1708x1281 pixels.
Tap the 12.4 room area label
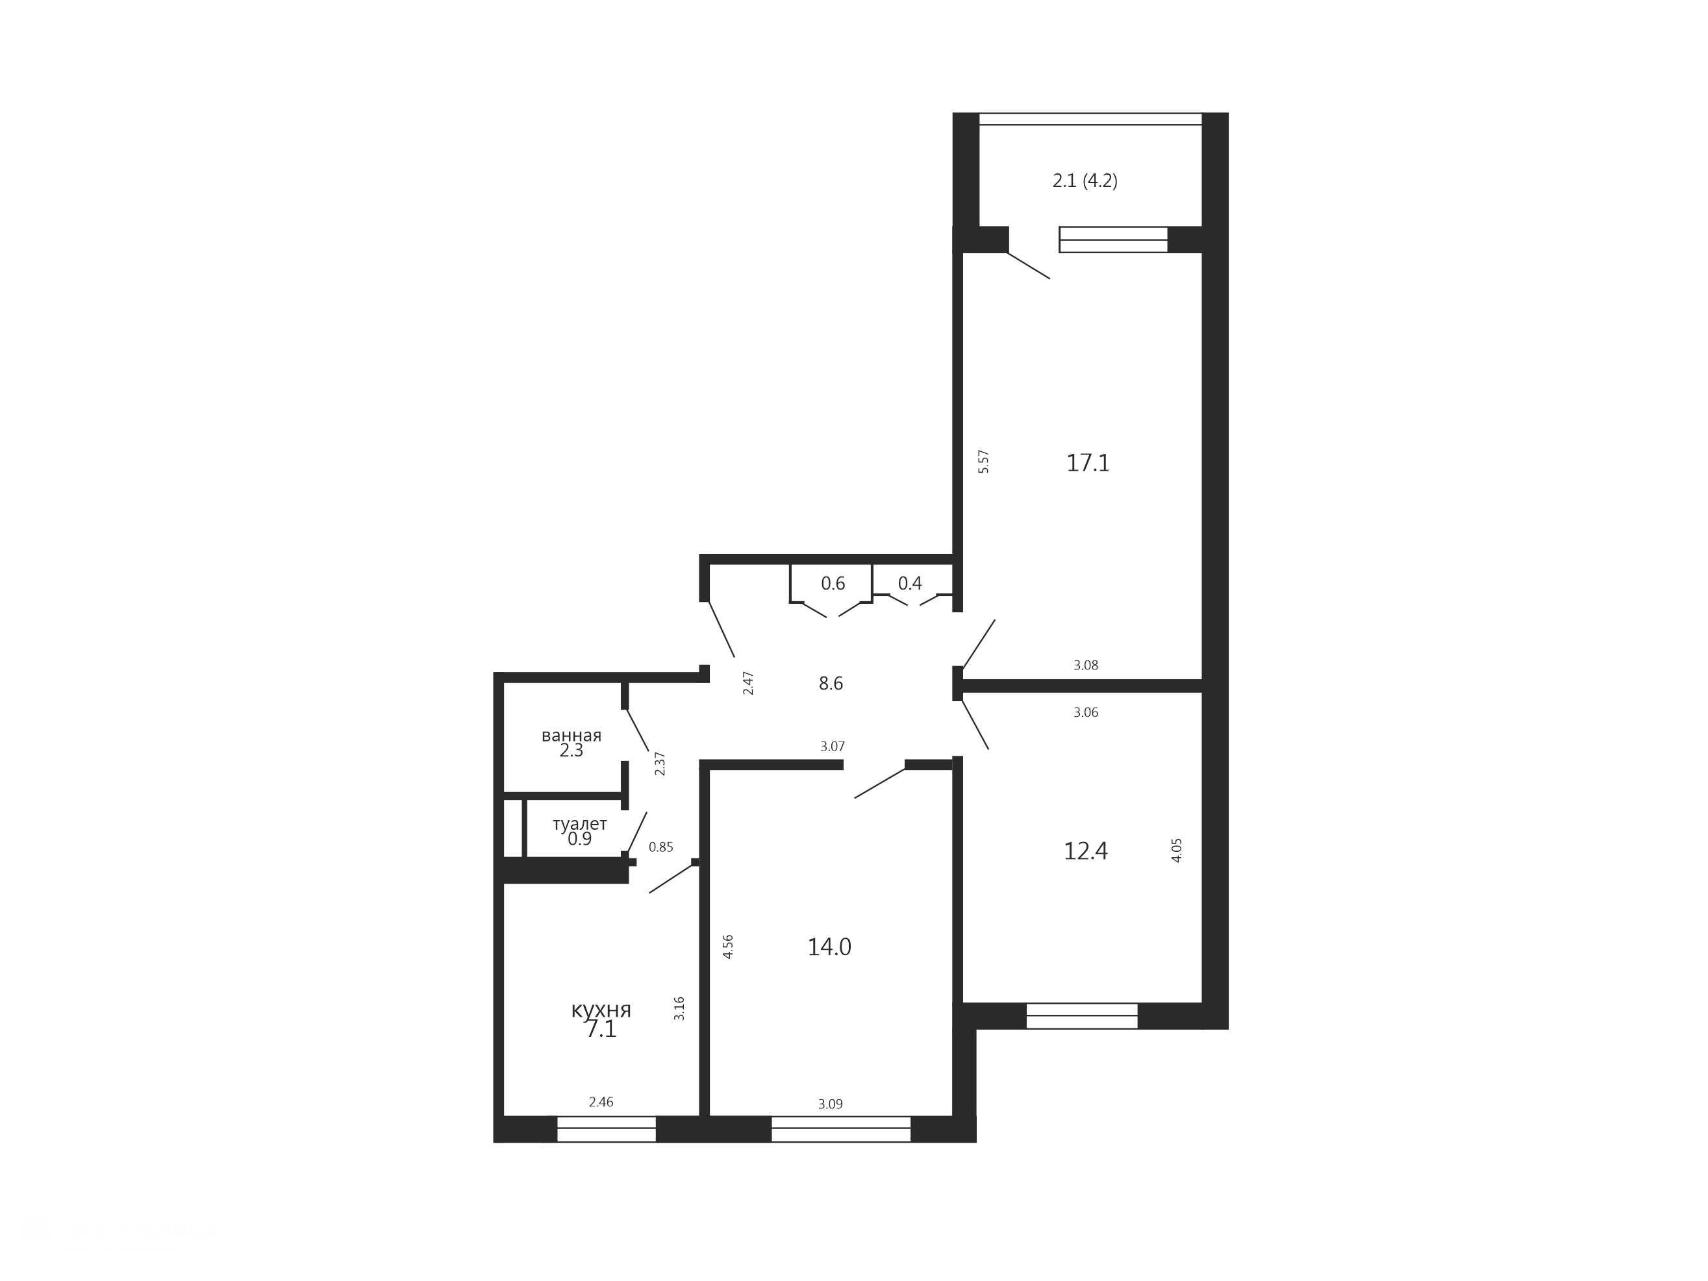point(1086,851)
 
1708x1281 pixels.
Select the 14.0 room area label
point(829,947)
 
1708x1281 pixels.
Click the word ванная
point(571,735)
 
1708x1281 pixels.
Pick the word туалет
point(579,824)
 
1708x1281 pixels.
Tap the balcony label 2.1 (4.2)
point(1085,180)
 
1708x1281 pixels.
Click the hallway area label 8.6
point(831,684)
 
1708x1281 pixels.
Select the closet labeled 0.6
point(831,583)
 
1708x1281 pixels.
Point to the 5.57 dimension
point(983,461)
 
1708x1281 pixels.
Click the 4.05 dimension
point(1177,850)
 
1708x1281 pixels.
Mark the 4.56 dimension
point(727,947)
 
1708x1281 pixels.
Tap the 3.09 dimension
point(830,1104)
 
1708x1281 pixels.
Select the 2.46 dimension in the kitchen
point(601,1102)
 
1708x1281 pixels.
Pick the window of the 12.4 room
point(1082,1015)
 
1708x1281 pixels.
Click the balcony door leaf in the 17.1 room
point(1029,265)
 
